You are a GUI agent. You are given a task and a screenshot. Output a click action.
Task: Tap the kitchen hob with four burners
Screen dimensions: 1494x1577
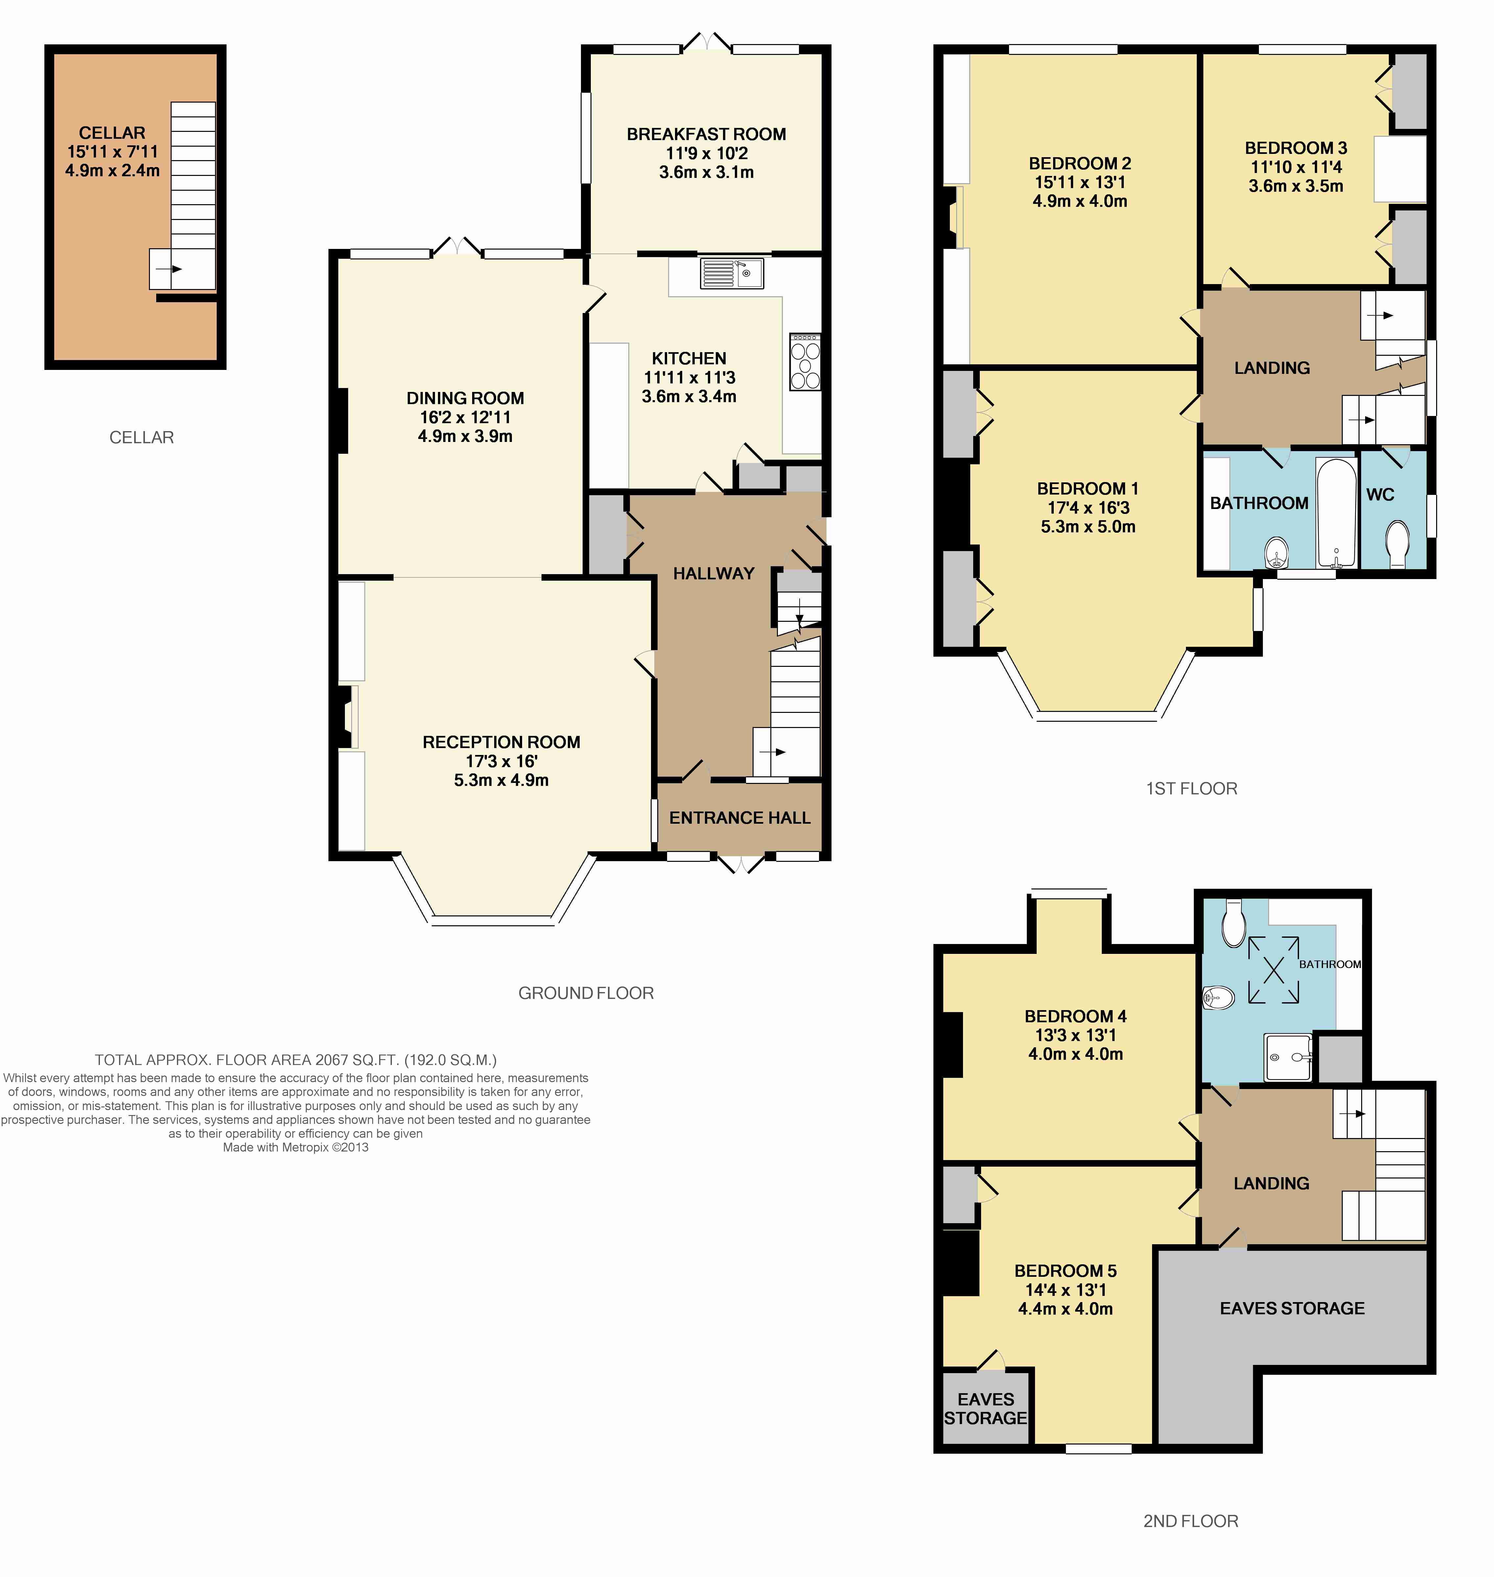point(805,362)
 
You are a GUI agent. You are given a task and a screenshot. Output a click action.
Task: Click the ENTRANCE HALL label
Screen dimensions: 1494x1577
point(740,818)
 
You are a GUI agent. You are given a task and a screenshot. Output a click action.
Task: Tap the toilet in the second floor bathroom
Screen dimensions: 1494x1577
point(1234,924)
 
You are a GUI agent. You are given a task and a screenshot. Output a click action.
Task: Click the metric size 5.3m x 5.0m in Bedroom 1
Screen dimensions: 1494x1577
point(1088,526)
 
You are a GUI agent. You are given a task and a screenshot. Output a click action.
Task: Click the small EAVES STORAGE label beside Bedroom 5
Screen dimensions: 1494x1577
point(986,1409)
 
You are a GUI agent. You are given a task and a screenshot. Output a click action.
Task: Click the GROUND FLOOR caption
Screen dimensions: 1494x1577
point(586,993)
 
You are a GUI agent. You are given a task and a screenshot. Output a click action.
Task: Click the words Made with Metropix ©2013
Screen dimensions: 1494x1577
point(296,1148)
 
